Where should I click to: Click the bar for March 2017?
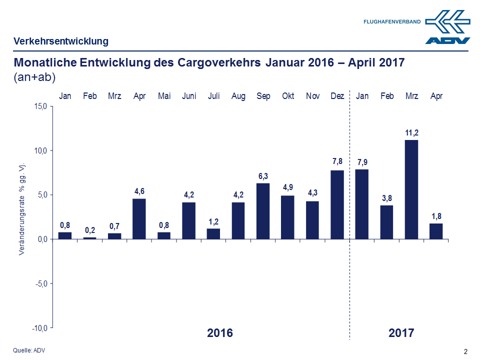click(x=411, y=189)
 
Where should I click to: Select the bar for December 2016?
click(x=337, y=204)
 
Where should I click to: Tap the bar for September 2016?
click(x=263, y=211)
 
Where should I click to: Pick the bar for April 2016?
click(x=139, y=218)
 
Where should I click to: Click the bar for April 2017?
click(x=436, y=231)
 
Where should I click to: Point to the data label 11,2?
click(x=411, y=132)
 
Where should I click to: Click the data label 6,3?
click(x=263, y=176)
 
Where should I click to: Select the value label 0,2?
click(x=90, y=230)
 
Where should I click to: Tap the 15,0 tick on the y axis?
click(x=40, y=106)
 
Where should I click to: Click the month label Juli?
click(x=213, y=96)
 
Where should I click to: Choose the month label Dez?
click(x=337, y=96)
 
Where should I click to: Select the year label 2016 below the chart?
click(x=220, y=333)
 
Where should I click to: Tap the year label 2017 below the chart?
click(x=401, y=333)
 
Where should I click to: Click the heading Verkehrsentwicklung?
click(x=61, y=41)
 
